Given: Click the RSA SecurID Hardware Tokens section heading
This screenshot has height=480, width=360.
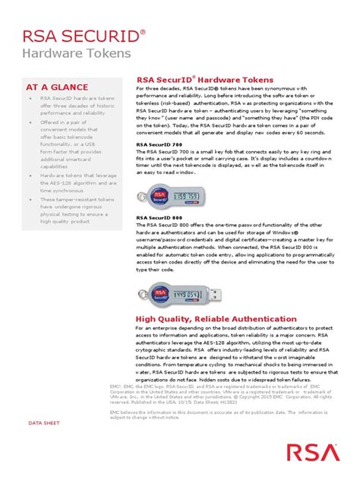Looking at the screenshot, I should pos(204,80).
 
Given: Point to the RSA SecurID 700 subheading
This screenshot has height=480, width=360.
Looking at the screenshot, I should pos(159,144).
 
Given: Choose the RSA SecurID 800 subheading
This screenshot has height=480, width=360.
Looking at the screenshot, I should pos(159,216).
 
